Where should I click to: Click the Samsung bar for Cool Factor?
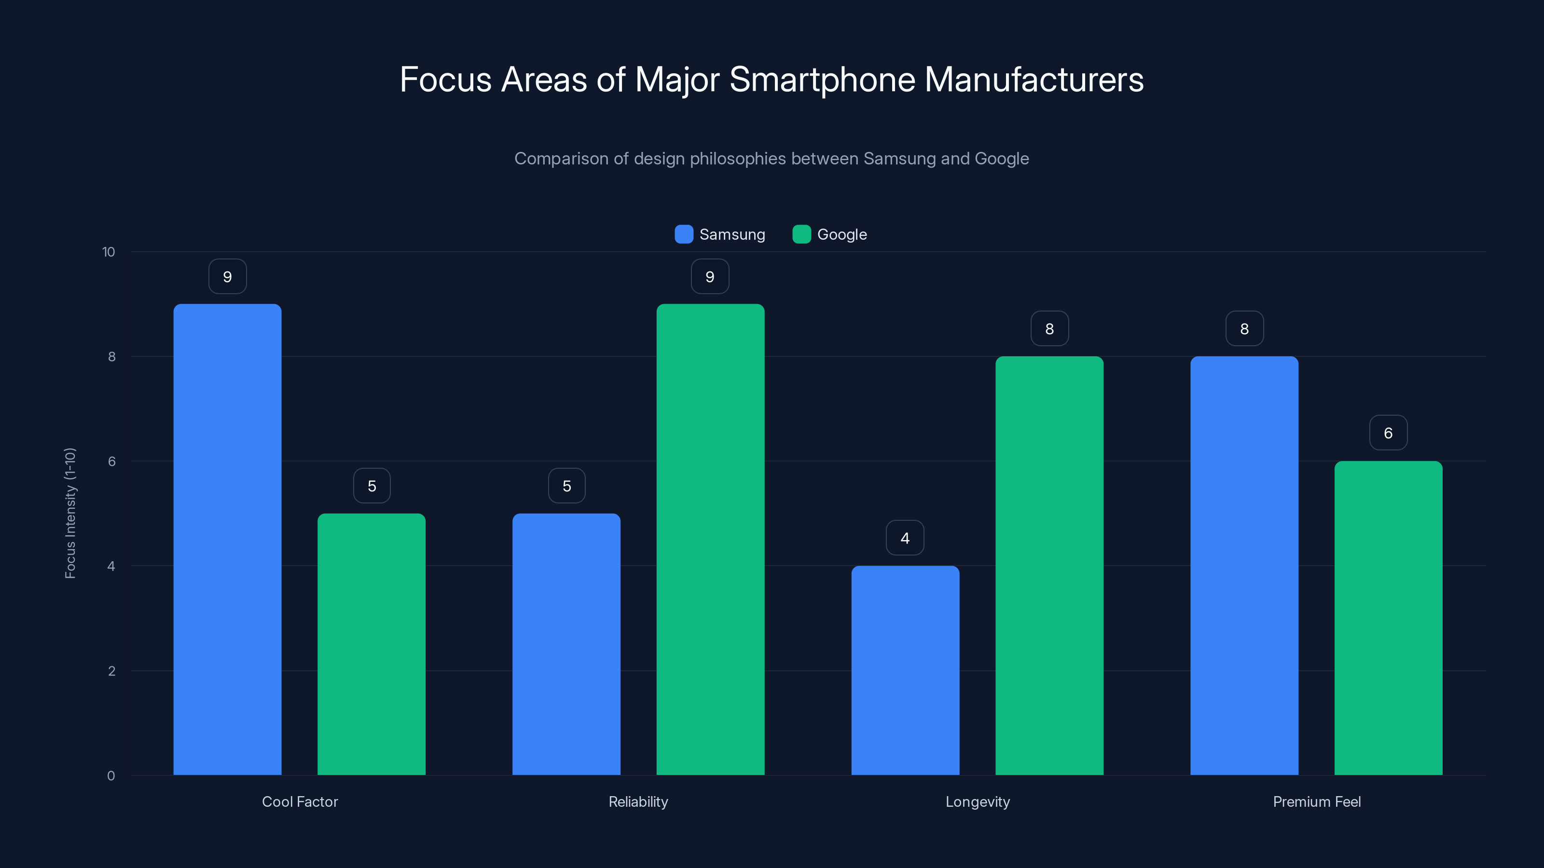[x=227, y=539]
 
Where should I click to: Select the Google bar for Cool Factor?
[x=371, y=644]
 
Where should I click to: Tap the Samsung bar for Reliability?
[x=566, y=644]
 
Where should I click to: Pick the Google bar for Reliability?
[x=710, y=539]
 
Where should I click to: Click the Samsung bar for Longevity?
[x=905, y=670]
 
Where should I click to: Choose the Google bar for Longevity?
[x=1049, y=566]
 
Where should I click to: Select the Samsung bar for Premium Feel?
[x=1244, y=566]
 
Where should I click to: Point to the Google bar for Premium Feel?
[x=1388, y=618]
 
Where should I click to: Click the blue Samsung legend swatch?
[x=684, y=234]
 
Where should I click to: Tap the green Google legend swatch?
[x=801, y=234]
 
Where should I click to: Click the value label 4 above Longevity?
[x=905, y=538]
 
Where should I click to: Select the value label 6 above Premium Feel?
[x=1388, y=433]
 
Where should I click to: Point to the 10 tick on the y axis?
[x=109, y=252]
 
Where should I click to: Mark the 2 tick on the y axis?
[x=111, y=671]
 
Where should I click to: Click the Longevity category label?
[x=978, y=801]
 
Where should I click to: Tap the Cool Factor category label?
[x=300, y=801]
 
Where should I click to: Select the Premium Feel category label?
[x=1317, y=801]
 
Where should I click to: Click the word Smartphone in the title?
[x=822, y=80]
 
